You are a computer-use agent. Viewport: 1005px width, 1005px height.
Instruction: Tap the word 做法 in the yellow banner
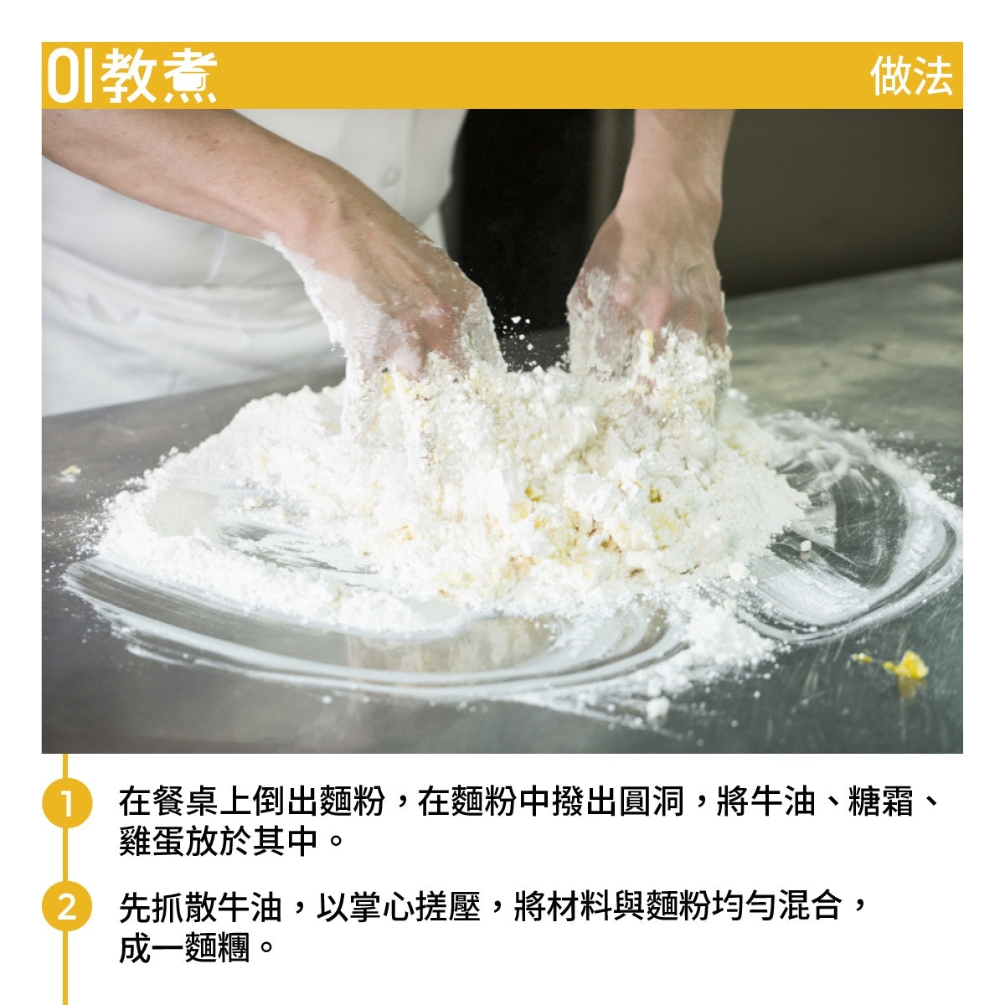point(911,76)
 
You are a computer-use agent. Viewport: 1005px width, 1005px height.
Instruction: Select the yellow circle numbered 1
point(67,802)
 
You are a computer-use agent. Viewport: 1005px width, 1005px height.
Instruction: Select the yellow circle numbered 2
point(67,907)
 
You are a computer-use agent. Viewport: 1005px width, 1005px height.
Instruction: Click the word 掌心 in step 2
point(382,907)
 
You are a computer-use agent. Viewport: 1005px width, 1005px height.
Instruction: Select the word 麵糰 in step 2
point(218,947)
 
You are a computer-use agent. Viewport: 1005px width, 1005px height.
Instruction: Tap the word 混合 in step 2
point(811,907)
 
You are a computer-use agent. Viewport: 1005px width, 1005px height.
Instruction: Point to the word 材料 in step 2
point(580,907)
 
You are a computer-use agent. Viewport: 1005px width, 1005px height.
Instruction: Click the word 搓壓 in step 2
point(448,907)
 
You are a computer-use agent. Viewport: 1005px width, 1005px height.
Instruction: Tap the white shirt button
point(389,176)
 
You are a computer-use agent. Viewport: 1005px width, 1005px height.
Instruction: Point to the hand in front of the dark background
point(649,292)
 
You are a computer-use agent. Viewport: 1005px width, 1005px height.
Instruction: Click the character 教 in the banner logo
point(129,76)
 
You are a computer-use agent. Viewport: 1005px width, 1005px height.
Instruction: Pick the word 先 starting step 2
point(136,907)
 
